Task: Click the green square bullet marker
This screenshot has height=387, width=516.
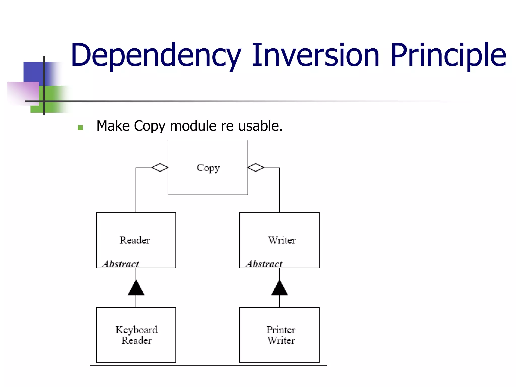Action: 80,127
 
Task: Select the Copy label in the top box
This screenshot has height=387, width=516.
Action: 208,168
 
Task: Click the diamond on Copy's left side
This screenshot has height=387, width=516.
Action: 160,168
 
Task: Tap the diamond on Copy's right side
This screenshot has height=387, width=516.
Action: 256,168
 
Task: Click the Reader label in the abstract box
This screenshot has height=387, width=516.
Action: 135,240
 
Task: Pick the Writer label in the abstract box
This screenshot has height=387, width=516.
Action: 282,240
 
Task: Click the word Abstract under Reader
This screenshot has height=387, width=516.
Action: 121,264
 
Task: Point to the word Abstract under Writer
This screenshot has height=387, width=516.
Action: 264,264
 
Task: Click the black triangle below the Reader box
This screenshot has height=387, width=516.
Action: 136,289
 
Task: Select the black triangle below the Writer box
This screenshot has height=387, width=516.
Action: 279,289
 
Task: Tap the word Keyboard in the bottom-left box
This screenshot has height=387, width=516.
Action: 137,330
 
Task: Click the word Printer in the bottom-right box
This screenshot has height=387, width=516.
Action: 281,330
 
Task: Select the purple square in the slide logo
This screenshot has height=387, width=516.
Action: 23,92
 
